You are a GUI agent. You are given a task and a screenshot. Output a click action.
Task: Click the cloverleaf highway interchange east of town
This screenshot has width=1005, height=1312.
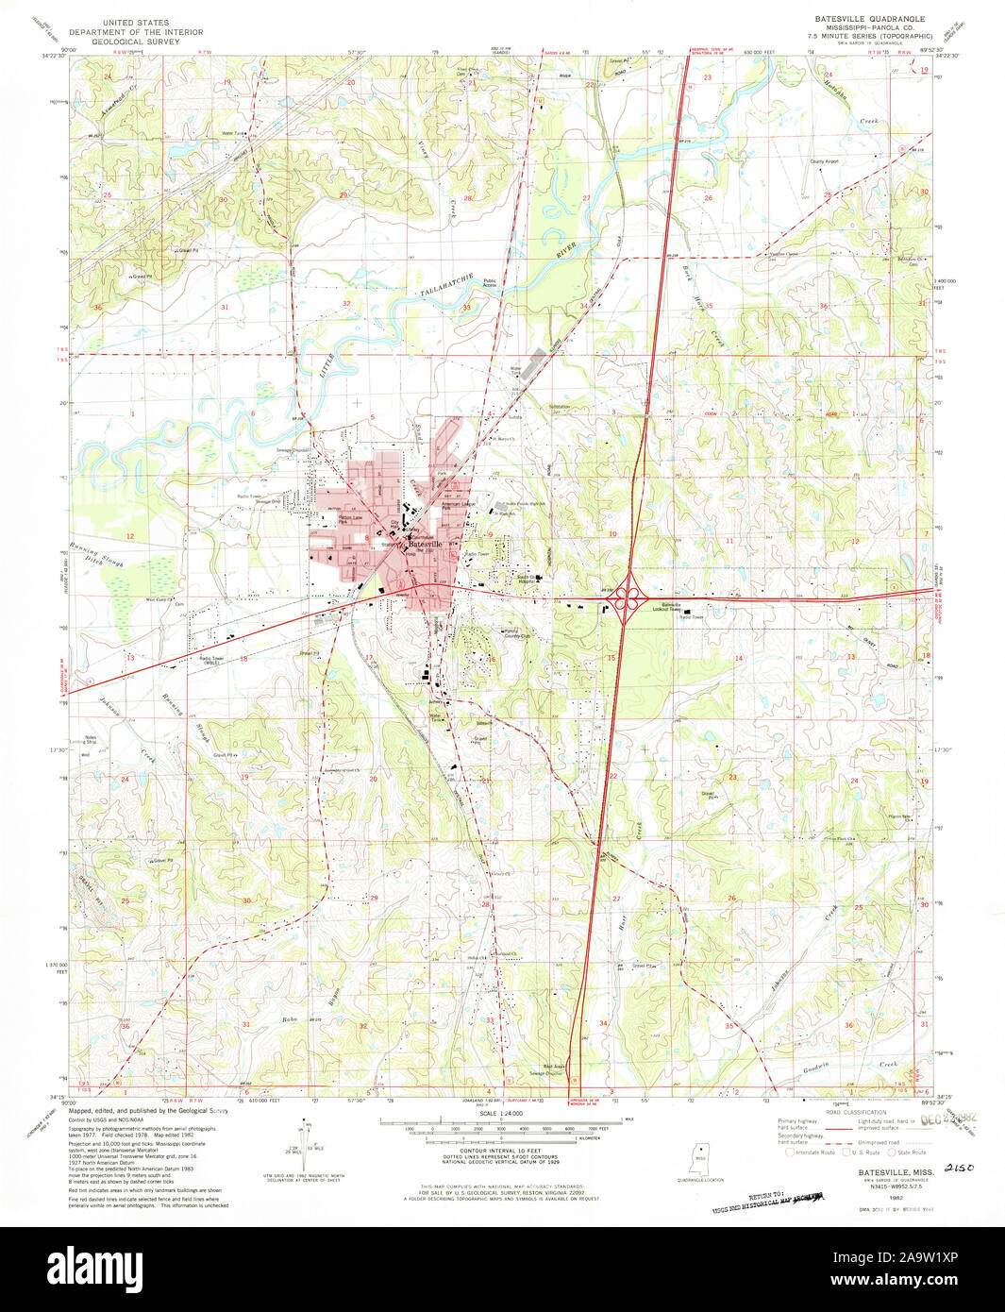pos(627,598)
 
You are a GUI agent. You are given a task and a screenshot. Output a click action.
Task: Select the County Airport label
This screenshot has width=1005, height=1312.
pos(823,161)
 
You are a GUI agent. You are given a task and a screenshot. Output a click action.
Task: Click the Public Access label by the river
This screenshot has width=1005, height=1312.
pos(490,282)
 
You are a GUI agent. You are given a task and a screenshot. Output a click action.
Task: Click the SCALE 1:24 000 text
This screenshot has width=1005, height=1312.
pos(500,1114)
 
